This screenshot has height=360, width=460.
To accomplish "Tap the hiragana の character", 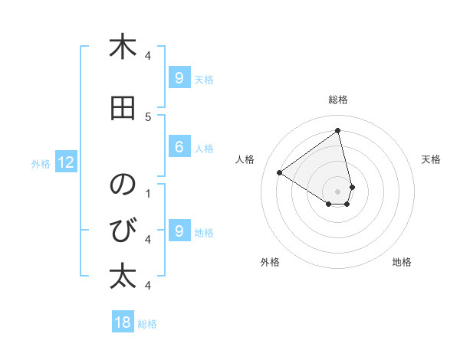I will pos(123,185).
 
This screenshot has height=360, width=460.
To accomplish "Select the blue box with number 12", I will pos(66,162).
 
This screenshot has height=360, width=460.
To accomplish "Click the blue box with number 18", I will pos(123,322).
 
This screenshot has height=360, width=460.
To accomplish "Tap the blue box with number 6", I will pos(179,147).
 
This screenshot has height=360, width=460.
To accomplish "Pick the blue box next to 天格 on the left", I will pos(179,77).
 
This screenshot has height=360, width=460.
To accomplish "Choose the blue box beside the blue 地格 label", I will pos(179,231).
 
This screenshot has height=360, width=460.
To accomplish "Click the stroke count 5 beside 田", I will pos(147,117).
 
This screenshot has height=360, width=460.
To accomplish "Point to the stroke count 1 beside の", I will pos(147,193).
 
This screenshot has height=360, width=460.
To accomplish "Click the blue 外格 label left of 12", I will pos(41,163).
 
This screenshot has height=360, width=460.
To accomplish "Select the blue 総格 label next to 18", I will pos(147,324).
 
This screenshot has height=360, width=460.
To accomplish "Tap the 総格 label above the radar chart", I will pos(338,100).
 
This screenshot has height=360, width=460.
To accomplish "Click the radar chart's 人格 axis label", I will pos(245,159).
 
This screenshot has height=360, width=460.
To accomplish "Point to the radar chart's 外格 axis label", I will pos(270,262).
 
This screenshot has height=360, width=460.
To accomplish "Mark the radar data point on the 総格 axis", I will pos(337,130).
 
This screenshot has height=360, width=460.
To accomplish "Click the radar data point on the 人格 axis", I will pos(280,172).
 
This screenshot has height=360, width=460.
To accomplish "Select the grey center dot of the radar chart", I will pos(337,191).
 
